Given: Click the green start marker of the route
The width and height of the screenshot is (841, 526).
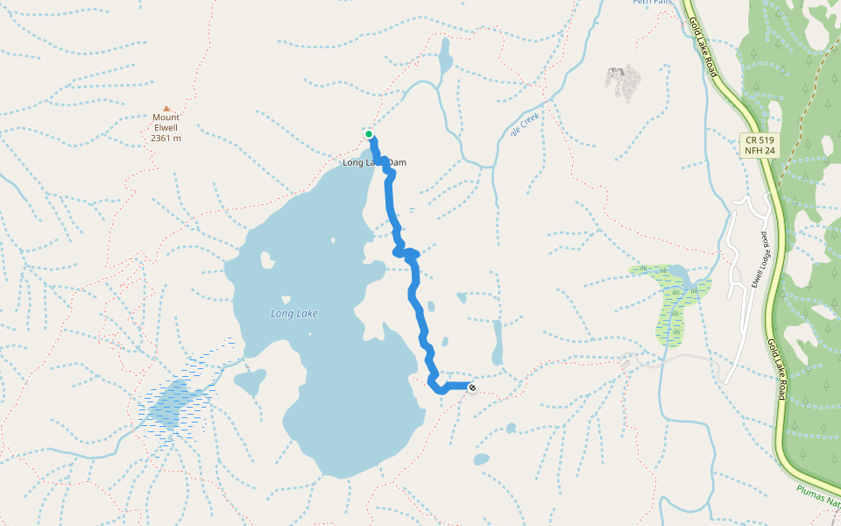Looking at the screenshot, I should pos(369,134).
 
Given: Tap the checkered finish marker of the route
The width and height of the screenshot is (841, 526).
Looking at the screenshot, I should pos(472,387).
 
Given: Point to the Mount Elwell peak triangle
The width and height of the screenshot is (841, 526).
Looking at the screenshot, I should pos(166,108).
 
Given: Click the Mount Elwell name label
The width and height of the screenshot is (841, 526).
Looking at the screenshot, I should pos(166,123).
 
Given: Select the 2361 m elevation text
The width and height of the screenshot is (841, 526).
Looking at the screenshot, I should pos(166,139).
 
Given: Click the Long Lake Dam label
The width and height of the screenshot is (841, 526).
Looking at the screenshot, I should pos(374,163).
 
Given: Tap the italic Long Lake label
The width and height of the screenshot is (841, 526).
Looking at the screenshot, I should pos(293,313).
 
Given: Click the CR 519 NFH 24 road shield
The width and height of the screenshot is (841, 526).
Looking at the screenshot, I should pos(759,146).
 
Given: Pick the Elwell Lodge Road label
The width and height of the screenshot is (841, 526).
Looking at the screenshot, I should pos(759,259).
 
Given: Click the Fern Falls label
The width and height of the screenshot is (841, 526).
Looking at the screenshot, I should pos(653,3).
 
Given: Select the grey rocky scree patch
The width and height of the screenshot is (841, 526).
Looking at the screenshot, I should pos(622,82).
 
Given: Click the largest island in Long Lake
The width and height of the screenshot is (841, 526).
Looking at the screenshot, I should pos(265,260).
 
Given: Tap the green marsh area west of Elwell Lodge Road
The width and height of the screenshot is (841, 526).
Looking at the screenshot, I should pos(670,302).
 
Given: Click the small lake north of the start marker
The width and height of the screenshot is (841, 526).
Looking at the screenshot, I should pos(445,58).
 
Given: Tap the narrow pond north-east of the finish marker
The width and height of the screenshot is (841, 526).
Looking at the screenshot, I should pos(498,342).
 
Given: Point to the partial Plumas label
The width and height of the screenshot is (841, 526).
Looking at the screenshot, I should pos(819,499).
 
